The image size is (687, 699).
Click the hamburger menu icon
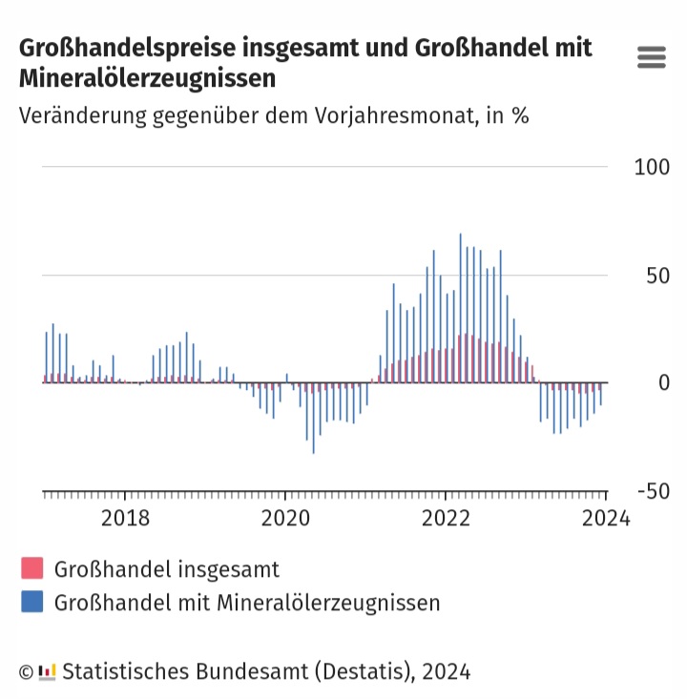(651, 57)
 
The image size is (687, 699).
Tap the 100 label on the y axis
(652, 167)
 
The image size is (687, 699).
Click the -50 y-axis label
(652, 491)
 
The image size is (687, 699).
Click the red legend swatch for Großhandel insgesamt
(32, 569)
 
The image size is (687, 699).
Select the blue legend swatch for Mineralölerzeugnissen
(32, 603)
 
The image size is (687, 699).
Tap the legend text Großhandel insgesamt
(167, 570)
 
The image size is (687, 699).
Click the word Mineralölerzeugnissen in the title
(148, 77)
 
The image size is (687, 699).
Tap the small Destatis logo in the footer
(48, 672)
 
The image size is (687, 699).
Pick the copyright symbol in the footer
(27, 672)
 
